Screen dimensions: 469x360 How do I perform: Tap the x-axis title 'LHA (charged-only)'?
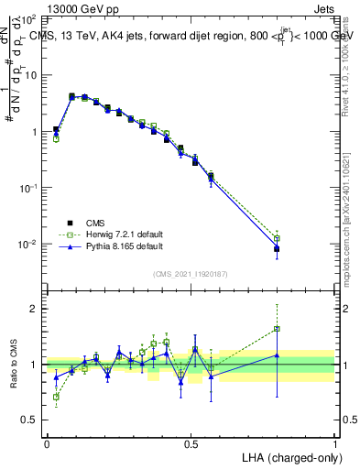pos(287,456)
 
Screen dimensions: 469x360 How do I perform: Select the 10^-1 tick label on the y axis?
pos(29,188)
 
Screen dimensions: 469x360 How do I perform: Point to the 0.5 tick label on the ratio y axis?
pos(29,420)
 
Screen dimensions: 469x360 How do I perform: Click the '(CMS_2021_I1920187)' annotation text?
pos(191,274)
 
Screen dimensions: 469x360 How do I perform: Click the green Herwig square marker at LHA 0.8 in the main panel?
pos(278,238)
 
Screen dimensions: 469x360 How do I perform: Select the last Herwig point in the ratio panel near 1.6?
pos(278,328)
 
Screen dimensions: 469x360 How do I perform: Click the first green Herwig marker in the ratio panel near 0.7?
pos(56,398)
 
